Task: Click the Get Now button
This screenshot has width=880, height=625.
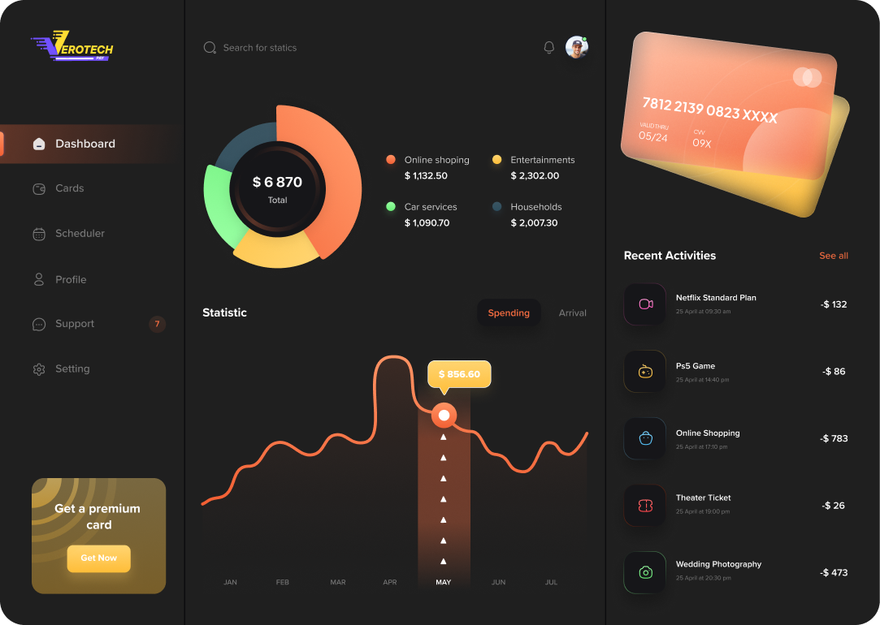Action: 98,558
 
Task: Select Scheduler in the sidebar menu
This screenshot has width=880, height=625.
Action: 80,234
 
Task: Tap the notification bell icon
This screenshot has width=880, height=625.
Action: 548,48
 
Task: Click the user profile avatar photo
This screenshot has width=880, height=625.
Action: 576,47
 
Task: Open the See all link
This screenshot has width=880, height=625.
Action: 833,256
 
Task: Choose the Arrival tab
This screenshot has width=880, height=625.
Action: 572,313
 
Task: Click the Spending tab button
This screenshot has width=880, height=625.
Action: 509,313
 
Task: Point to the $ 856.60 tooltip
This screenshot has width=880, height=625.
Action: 459,374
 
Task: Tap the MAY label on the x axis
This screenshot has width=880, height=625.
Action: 443,582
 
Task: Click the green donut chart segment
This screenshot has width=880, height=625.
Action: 219,207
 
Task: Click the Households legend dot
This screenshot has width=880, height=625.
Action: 496,207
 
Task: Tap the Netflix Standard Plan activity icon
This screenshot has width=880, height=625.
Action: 645,304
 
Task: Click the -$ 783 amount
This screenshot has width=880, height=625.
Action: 834,438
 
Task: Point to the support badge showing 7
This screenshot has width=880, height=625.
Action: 157,324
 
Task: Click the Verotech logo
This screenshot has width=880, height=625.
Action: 73,46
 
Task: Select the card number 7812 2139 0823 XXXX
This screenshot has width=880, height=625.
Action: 709,110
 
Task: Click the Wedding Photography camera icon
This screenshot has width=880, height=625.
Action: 645,572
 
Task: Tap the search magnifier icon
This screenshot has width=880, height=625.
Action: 210,48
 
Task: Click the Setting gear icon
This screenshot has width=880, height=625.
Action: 39,369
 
